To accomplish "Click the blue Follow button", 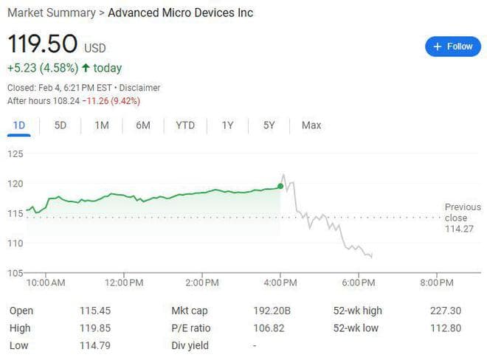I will tap(452, 46).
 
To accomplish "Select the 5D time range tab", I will tap(61, 125).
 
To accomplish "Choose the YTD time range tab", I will tap(185, 125).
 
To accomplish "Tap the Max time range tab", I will tap(311, 125).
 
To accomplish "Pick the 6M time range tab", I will tap(143, 125).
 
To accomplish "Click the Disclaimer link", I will tap(139, 88).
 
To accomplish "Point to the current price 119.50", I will tap(42, 44).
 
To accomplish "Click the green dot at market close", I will tap(281, 186).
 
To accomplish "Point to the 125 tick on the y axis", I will tap(15, 153).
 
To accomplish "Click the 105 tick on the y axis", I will tap(15, 273).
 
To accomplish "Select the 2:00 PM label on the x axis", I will tap(202, 283).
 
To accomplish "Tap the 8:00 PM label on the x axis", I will tap(436, 283).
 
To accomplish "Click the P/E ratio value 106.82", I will tap(269, 328).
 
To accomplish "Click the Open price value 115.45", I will tap(94, 311).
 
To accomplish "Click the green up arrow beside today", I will tap(86, 69).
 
